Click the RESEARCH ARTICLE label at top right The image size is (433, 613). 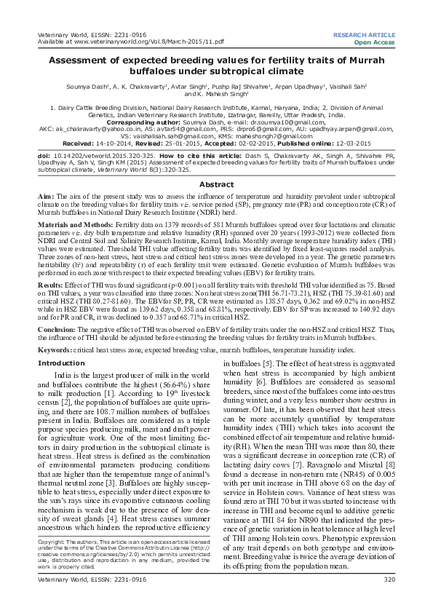pyautogui.click(x=363, y=35)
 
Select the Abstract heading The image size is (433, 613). pyautogui.click(x=217, y=165)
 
